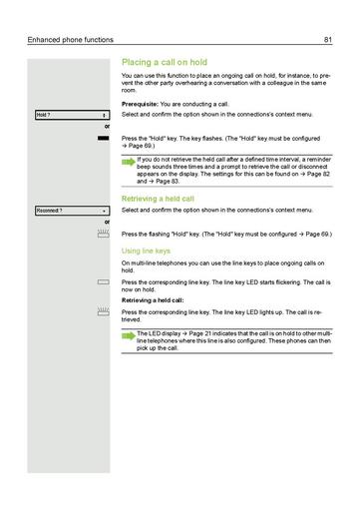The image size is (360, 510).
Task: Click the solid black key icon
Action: [104, 138]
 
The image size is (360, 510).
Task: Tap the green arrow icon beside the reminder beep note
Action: [128, 160]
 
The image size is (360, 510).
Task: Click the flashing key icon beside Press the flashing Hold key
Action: [104, 232]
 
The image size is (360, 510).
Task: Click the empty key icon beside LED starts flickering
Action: [104, 282]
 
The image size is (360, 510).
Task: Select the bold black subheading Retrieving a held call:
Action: [154, 299]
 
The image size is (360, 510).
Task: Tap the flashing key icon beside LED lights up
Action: [104, 311]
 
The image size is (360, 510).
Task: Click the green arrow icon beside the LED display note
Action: [128, 334]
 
